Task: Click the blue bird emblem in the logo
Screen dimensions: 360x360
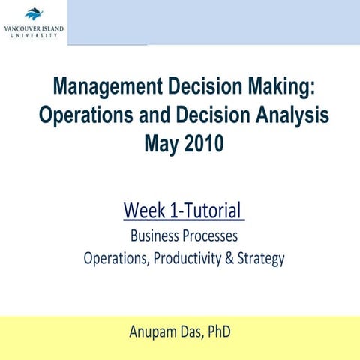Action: pyautogui.click(x=34, y=13)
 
